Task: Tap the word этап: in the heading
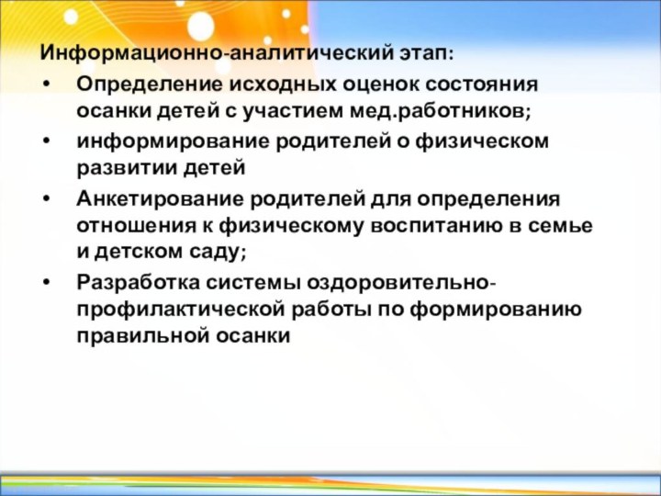pos(425,50)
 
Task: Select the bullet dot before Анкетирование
pos(47,199)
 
